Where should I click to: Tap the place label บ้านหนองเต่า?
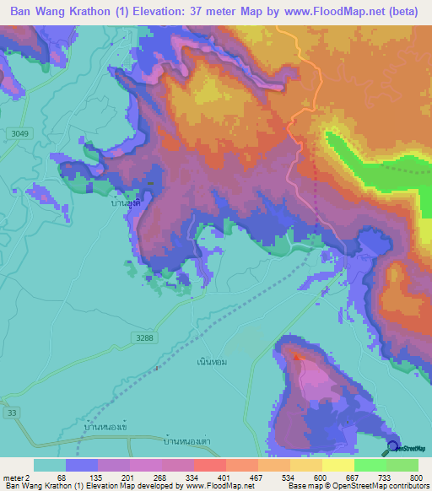tap(187, 441)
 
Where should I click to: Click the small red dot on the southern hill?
tap(296, 357)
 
